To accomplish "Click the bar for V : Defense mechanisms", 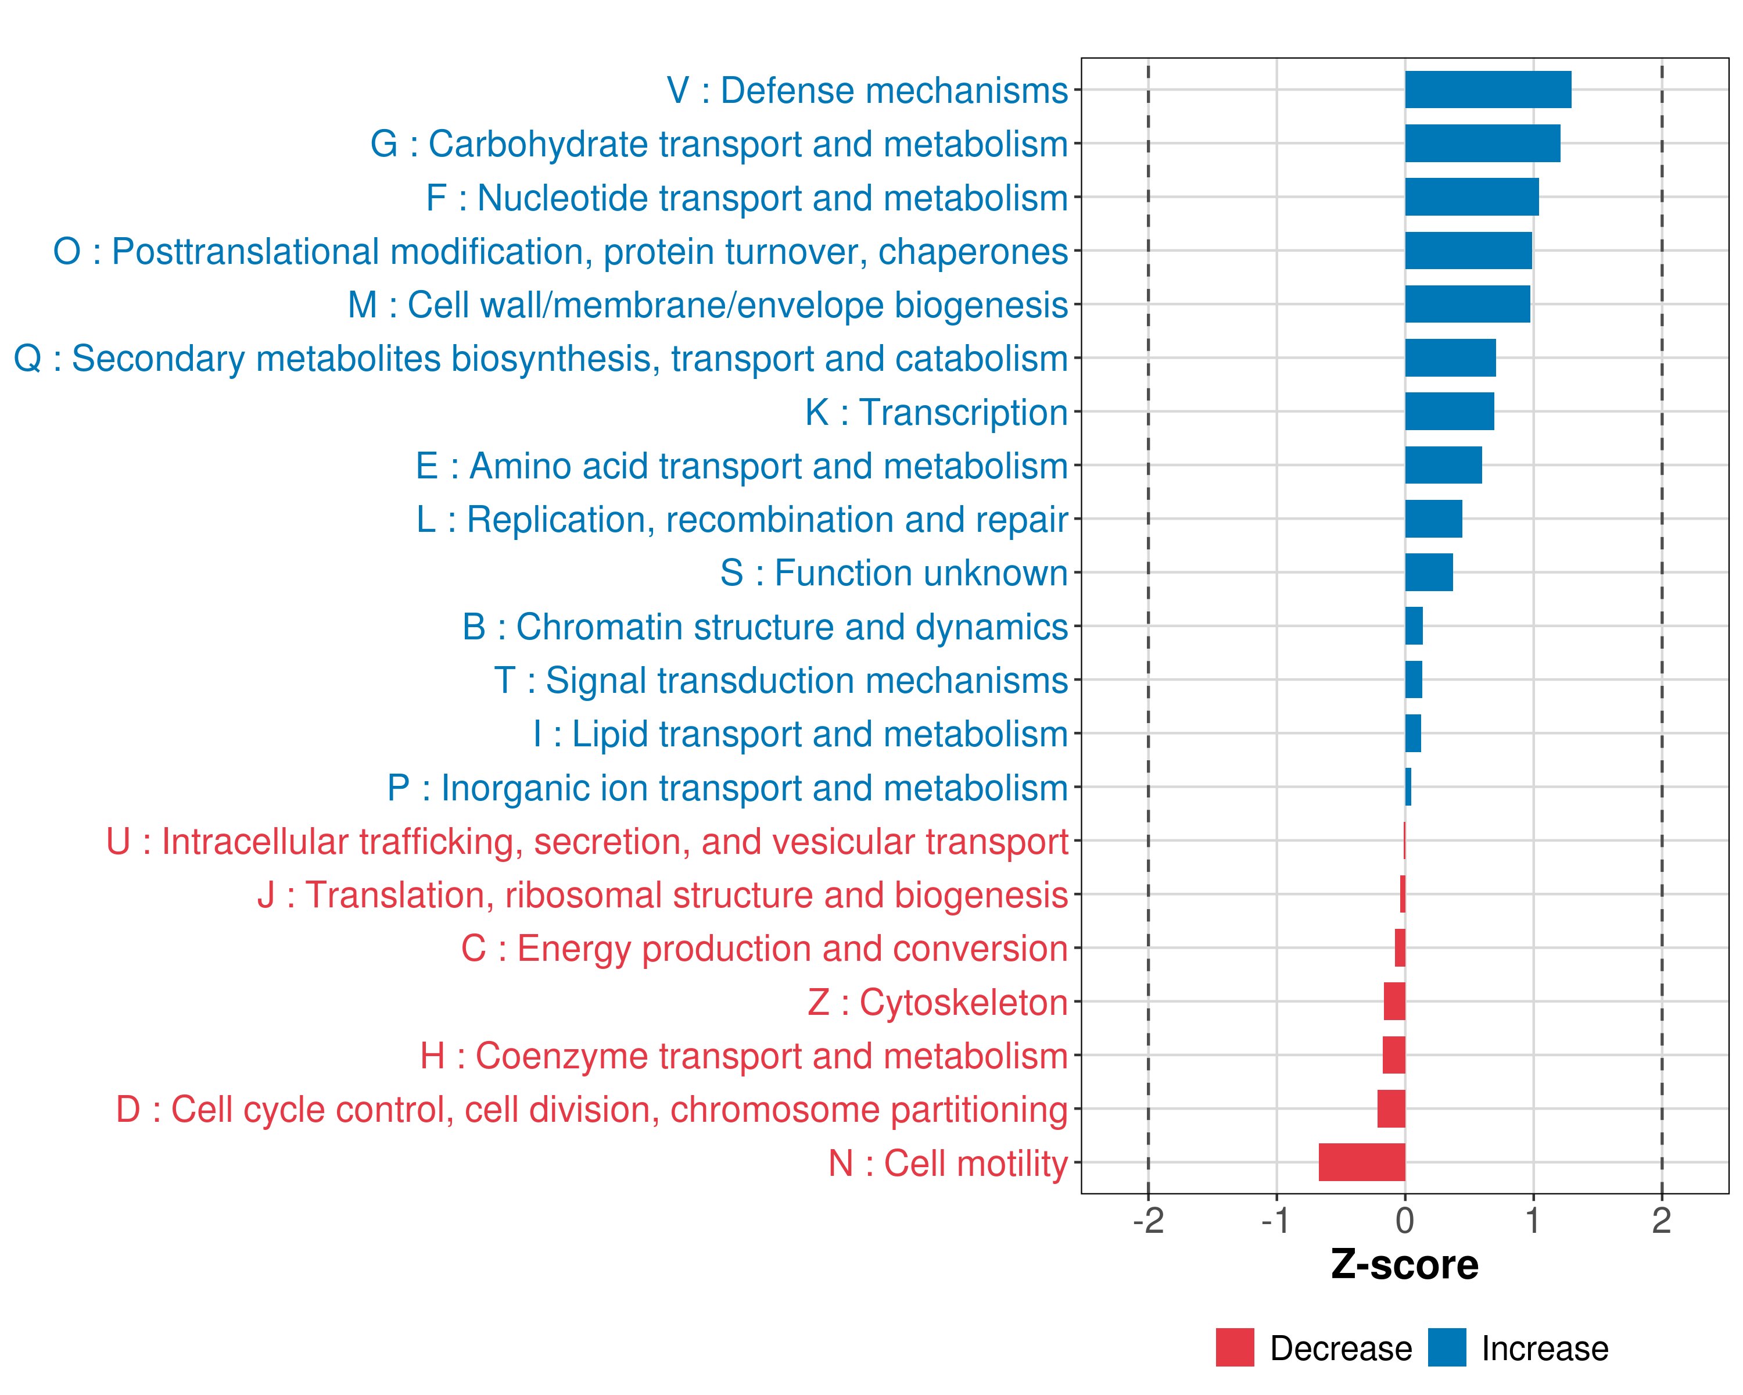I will (x=1487, y=90).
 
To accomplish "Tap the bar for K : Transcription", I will (x=1450, y=412).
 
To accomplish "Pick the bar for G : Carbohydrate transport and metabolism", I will (x=1482, y=143).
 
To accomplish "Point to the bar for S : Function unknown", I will (x=1429, y=573).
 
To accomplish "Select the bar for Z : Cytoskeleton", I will (x=1394, y=1001).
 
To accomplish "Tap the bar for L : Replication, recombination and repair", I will (x=1433, y=519).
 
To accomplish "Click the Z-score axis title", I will (x=1404, y=1264).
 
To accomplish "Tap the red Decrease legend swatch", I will (x=1235, y=1347).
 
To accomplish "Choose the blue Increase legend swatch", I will (x=1446, y=1347).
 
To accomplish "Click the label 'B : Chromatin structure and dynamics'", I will (x=765, y=627).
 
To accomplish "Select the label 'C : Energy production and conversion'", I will (x=764, y=949).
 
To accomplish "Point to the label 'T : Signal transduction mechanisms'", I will (x=781, y=680).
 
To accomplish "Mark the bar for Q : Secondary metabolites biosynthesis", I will (x=1450, y=357).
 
